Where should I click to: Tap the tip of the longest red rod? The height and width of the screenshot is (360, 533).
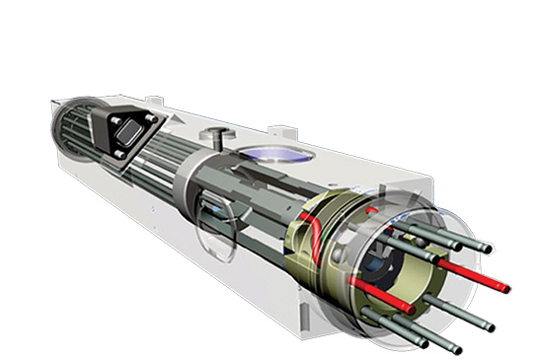click(x=505, y=288)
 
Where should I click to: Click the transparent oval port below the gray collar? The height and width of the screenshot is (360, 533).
click(x=209, y=213)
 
